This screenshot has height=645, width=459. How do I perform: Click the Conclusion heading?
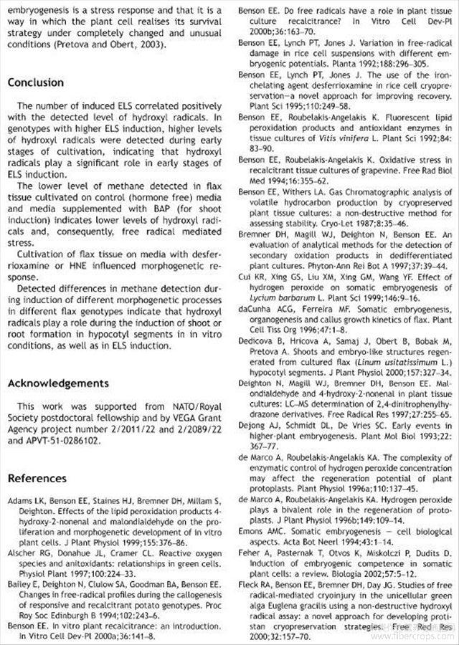[36, 82]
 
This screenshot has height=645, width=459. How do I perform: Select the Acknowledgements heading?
[58, 383]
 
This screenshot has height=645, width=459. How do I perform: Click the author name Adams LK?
[25, 499]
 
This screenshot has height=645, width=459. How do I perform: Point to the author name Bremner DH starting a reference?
[262, 234]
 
